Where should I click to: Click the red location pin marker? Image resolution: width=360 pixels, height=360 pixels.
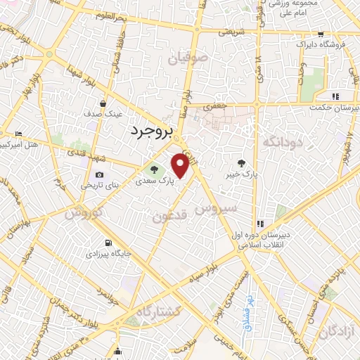click(181, 166)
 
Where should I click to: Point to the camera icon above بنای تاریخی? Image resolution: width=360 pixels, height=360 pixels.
click(99, 175)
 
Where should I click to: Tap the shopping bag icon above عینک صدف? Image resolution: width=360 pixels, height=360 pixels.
click(103, 103)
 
